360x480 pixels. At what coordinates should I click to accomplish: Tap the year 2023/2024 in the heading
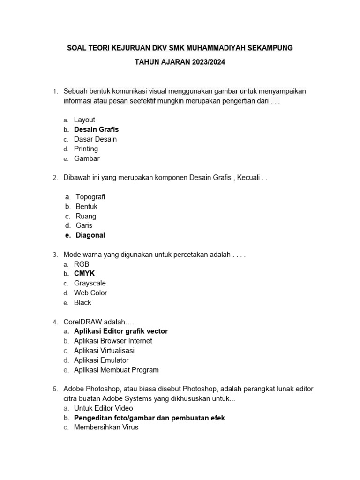[208, 62]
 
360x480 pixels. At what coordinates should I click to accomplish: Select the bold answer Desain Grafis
[96, 129]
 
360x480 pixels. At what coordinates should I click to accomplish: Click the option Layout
[84, 120]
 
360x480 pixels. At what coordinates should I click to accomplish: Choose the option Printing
[86, 149]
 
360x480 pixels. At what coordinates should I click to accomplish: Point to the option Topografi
[90, 197]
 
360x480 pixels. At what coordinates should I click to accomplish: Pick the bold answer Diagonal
[90, 235]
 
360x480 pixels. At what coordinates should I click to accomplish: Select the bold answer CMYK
[84, 273]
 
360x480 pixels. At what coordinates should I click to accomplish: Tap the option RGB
[82, 264]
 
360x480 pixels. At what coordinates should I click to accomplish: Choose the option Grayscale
[90, 283]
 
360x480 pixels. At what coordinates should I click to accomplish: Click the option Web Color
[90, 292]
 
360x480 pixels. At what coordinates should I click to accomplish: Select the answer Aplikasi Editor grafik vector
[120, 331]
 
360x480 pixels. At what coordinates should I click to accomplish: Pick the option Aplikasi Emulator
[101, 360]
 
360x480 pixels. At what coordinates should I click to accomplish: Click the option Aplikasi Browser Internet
[113, 341]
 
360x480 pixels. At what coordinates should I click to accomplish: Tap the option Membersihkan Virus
[106, 427]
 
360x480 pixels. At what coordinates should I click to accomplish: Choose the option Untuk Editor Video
[103, 408]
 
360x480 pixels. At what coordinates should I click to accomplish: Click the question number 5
[55, 389]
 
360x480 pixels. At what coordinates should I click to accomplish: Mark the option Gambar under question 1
[87, 158]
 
